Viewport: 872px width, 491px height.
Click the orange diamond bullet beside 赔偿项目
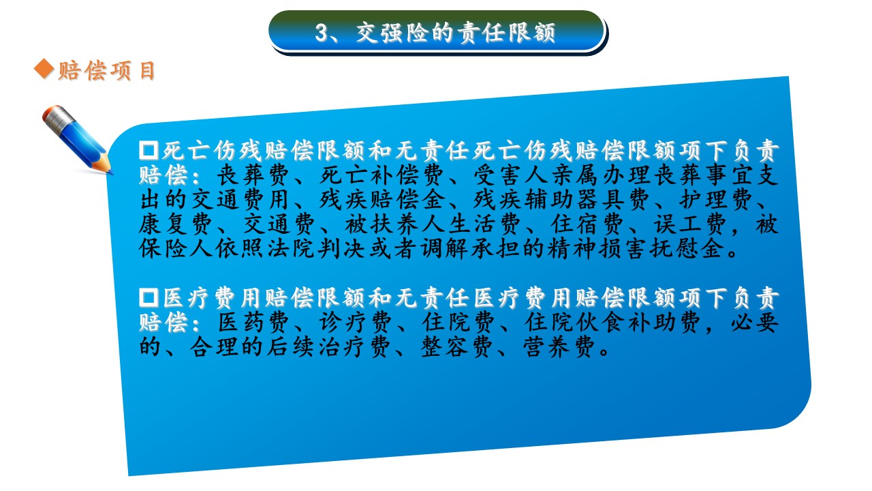point(44,69)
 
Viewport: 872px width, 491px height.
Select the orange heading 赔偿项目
point(107,70)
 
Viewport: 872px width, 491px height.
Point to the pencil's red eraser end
point(50,113)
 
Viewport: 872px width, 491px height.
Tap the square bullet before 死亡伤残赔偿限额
point(149,151)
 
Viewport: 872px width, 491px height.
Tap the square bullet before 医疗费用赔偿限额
point(149,298)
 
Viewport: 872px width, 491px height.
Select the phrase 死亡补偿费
point(382,175)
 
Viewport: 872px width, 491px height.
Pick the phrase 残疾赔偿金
point(382,200)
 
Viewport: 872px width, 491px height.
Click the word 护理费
point(716,200)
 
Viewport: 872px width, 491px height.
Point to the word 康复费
point(176,224)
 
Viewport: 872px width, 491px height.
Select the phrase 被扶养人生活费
point(433,224)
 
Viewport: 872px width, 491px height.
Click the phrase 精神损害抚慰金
point(636,249)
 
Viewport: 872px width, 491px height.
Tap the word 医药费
point(253,323)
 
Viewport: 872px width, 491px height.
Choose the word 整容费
point(456,347)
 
